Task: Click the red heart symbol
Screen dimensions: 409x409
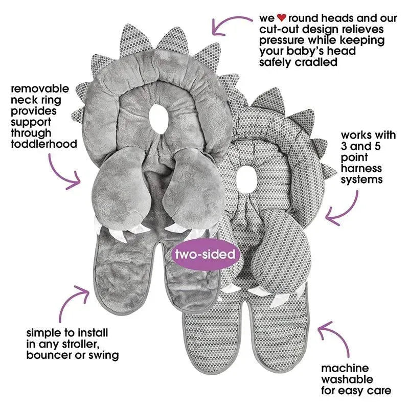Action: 280,18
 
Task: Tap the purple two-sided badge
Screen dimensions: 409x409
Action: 206,254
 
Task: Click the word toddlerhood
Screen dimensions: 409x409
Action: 43,144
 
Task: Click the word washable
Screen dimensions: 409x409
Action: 347,380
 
